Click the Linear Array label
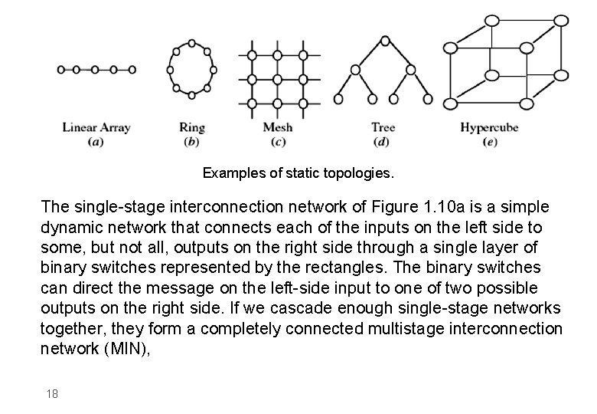96,127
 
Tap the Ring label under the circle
191,127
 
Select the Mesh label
277,127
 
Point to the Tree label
383,127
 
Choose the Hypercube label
491,127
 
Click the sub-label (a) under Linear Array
96,142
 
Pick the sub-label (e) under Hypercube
491,142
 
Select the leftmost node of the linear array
61,69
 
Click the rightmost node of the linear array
132,69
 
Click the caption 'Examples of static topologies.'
298,173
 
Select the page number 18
51,393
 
